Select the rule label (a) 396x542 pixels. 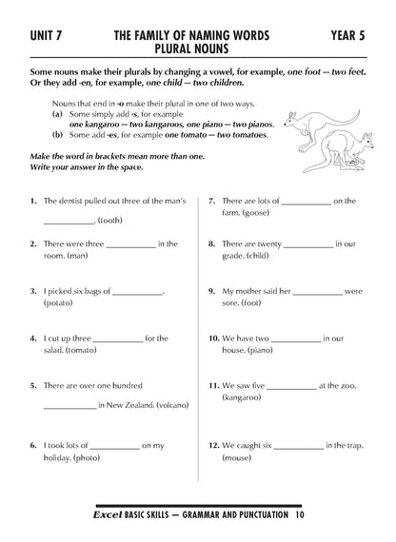click(x=58, y=113)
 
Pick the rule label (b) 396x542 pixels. click(x=58, y=135)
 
